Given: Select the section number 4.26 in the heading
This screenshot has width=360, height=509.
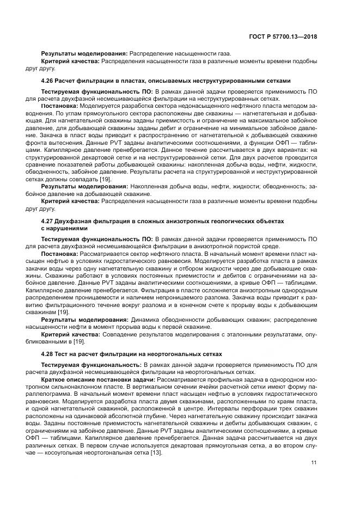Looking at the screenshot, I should point(48,80).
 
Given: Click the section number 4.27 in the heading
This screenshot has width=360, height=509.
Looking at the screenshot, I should point(48,221).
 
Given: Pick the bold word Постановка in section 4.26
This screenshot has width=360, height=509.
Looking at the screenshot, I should point(59,106).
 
